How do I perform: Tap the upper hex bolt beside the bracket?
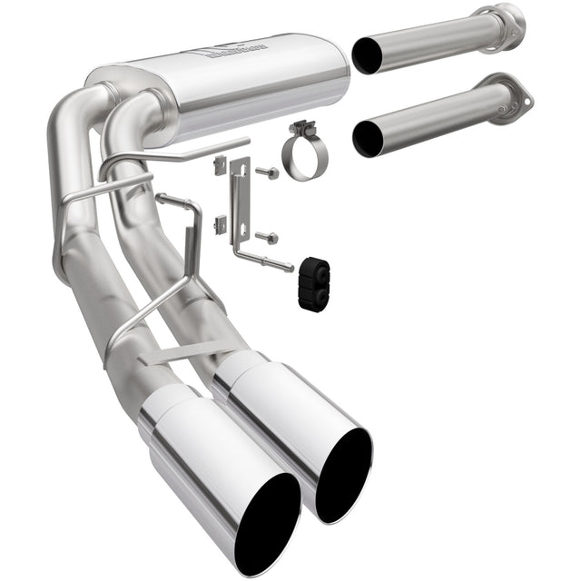tap(269, 172)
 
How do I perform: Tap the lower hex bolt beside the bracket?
tap(269, 238)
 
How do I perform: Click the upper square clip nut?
tap(219, 165)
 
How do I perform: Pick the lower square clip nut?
tap(219, 224)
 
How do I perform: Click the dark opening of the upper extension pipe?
tap(367, 55)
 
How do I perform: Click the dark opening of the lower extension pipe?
tap(368, 138)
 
